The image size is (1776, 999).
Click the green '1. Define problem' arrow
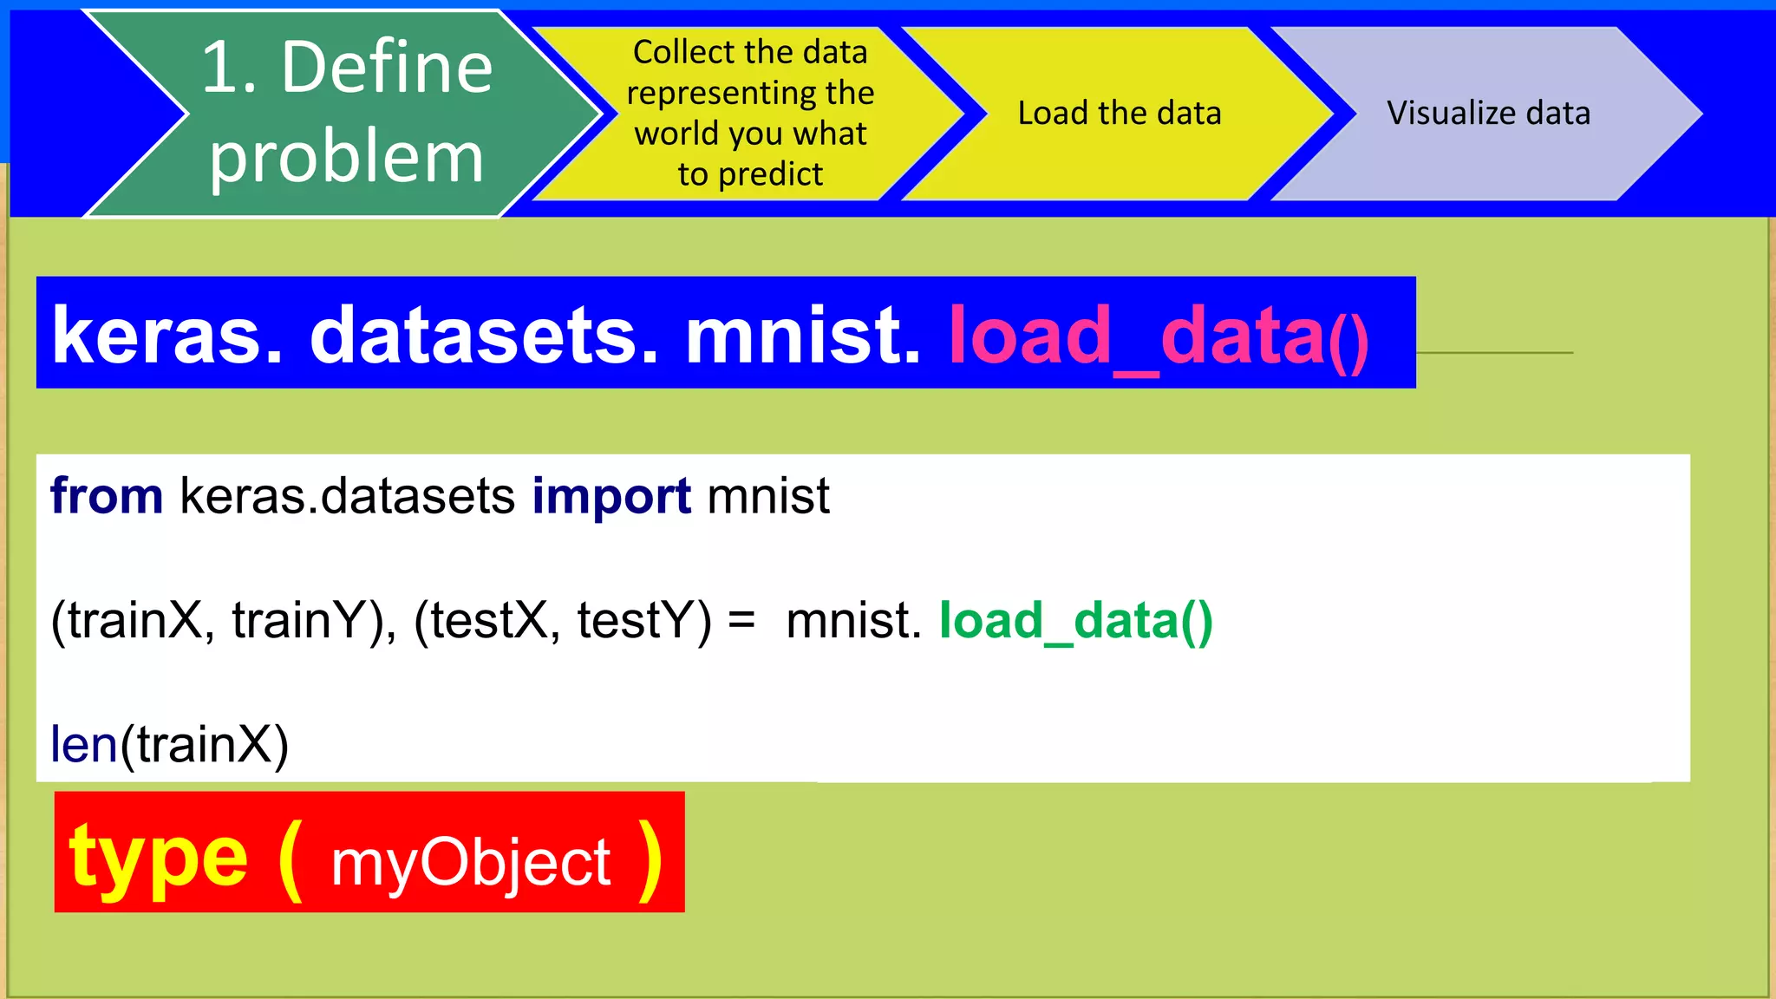point(347,113)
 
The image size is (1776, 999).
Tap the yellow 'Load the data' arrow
point(1119,114)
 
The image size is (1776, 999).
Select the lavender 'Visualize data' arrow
point(1488,114)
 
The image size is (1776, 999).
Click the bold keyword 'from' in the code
point(107,496)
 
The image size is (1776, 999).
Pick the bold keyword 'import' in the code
point(611,498)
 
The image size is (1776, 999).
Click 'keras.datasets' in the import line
point(347,496)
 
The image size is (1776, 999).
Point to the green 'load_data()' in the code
point(1075,621)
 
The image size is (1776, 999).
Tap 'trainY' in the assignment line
point(304,621)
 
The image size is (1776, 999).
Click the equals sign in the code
point(741,621)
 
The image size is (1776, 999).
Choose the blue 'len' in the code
point(83,744)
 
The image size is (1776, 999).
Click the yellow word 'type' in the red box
point(159,859)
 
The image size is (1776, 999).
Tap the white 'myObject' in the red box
point(471,864)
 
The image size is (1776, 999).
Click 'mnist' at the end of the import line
point(768,496)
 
